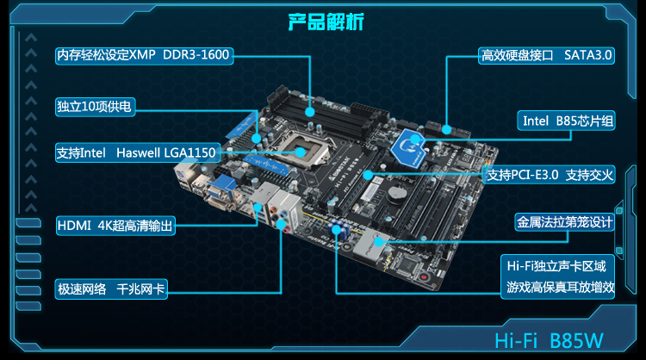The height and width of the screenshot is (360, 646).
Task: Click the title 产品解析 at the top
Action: (x=321, y=21)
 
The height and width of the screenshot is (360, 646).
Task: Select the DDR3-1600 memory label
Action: (x=142, y=55)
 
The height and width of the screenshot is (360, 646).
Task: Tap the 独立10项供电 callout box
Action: (x=95, y=105)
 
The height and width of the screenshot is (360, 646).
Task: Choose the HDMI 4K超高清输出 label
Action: (x=115, y=226)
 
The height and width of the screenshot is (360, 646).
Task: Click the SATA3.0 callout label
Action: (x=546, y=55)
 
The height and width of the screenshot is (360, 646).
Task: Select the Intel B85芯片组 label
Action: (x=568, y=121)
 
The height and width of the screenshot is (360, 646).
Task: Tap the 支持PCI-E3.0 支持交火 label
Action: (x=549, y=176)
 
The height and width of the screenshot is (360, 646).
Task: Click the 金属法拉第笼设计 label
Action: (x=564, y=221)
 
